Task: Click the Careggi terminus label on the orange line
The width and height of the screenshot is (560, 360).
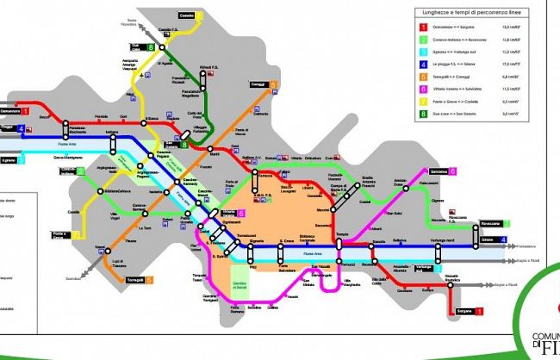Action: pos(256,85)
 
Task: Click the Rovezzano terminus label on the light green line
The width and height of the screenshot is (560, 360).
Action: pos(488,223)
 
